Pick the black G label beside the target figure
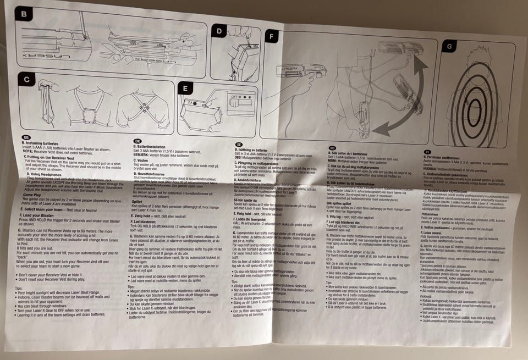click(450, 46)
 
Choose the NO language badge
click(332, 148)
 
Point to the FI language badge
click(427, 151)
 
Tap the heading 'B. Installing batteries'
click(43, 143)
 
